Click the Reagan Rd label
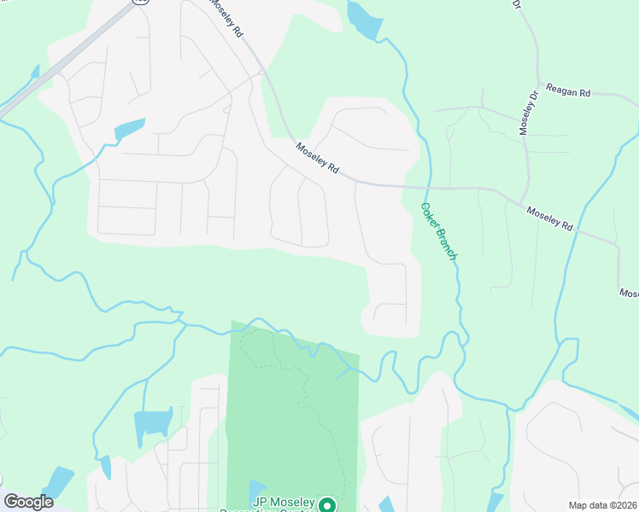(569, 91)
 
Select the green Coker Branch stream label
(440, 231)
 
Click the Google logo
(28, 502)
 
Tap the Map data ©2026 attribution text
(602, 505)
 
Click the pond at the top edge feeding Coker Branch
(364, 20)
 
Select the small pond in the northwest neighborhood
(130, 129)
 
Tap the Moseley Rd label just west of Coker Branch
(318, 160)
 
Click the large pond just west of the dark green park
(152, 423)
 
